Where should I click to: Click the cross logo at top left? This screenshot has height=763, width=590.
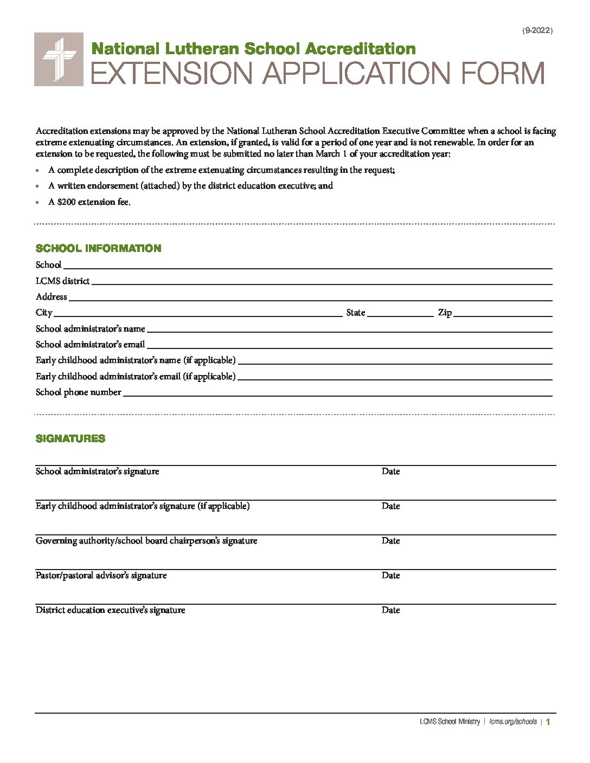point(59,59)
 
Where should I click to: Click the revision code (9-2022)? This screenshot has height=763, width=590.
point(537,31)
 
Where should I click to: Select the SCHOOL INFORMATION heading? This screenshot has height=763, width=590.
point(98,248)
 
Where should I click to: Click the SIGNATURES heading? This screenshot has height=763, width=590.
point(70,438)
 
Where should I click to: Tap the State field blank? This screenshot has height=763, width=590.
point(400,313)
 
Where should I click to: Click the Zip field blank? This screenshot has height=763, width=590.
point(503,313)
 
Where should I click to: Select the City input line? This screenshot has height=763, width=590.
point(197,313)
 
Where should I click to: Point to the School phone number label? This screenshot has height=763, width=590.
point(78,392)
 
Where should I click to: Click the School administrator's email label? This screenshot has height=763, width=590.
point(90,344)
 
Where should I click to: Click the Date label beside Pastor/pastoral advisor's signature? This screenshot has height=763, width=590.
point(390,575)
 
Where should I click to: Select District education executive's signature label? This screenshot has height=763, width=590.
point(110,610)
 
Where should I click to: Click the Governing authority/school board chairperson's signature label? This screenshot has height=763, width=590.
point(146,540)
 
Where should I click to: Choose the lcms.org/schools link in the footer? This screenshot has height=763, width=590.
point(513,721)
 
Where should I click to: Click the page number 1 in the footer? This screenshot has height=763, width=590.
point(548,721)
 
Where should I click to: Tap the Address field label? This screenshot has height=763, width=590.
point(51,296)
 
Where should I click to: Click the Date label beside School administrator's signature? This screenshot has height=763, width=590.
point(390,471)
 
